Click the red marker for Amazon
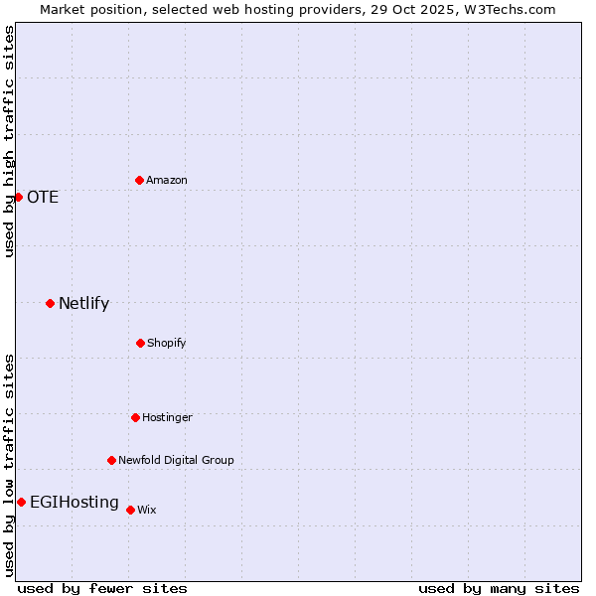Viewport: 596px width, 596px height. pos(139,180)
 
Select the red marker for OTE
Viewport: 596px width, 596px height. pos(18,197)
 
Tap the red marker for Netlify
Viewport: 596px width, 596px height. pos(50,303)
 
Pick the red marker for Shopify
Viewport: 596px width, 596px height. pos(140,343)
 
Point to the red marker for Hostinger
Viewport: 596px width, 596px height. pos(135,417)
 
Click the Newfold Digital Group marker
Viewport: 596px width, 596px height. pos(111,460)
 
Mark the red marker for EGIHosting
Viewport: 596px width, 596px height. pos(21,502)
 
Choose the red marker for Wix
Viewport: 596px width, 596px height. pos(130,510)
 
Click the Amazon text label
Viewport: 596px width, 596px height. pos(167,180)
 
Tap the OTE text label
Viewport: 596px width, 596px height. pos(43,197)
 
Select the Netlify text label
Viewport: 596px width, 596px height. pos(83,303)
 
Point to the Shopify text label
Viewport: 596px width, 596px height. pos(167,343)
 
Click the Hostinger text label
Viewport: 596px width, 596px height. pos(167,417)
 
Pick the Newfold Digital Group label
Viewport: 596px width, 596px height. pos(176,460)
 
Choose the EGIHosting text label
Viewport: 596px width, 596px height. pos(74,502)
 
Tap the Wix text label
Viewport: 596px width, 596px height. pos(147,510)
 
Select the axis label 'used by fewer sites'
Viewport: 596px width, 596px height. pos(102,588)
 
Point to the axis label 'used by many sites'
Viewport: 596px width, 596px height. pos(499,588)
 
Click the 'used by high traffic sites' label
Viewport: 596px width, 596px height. pos(9,141)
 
